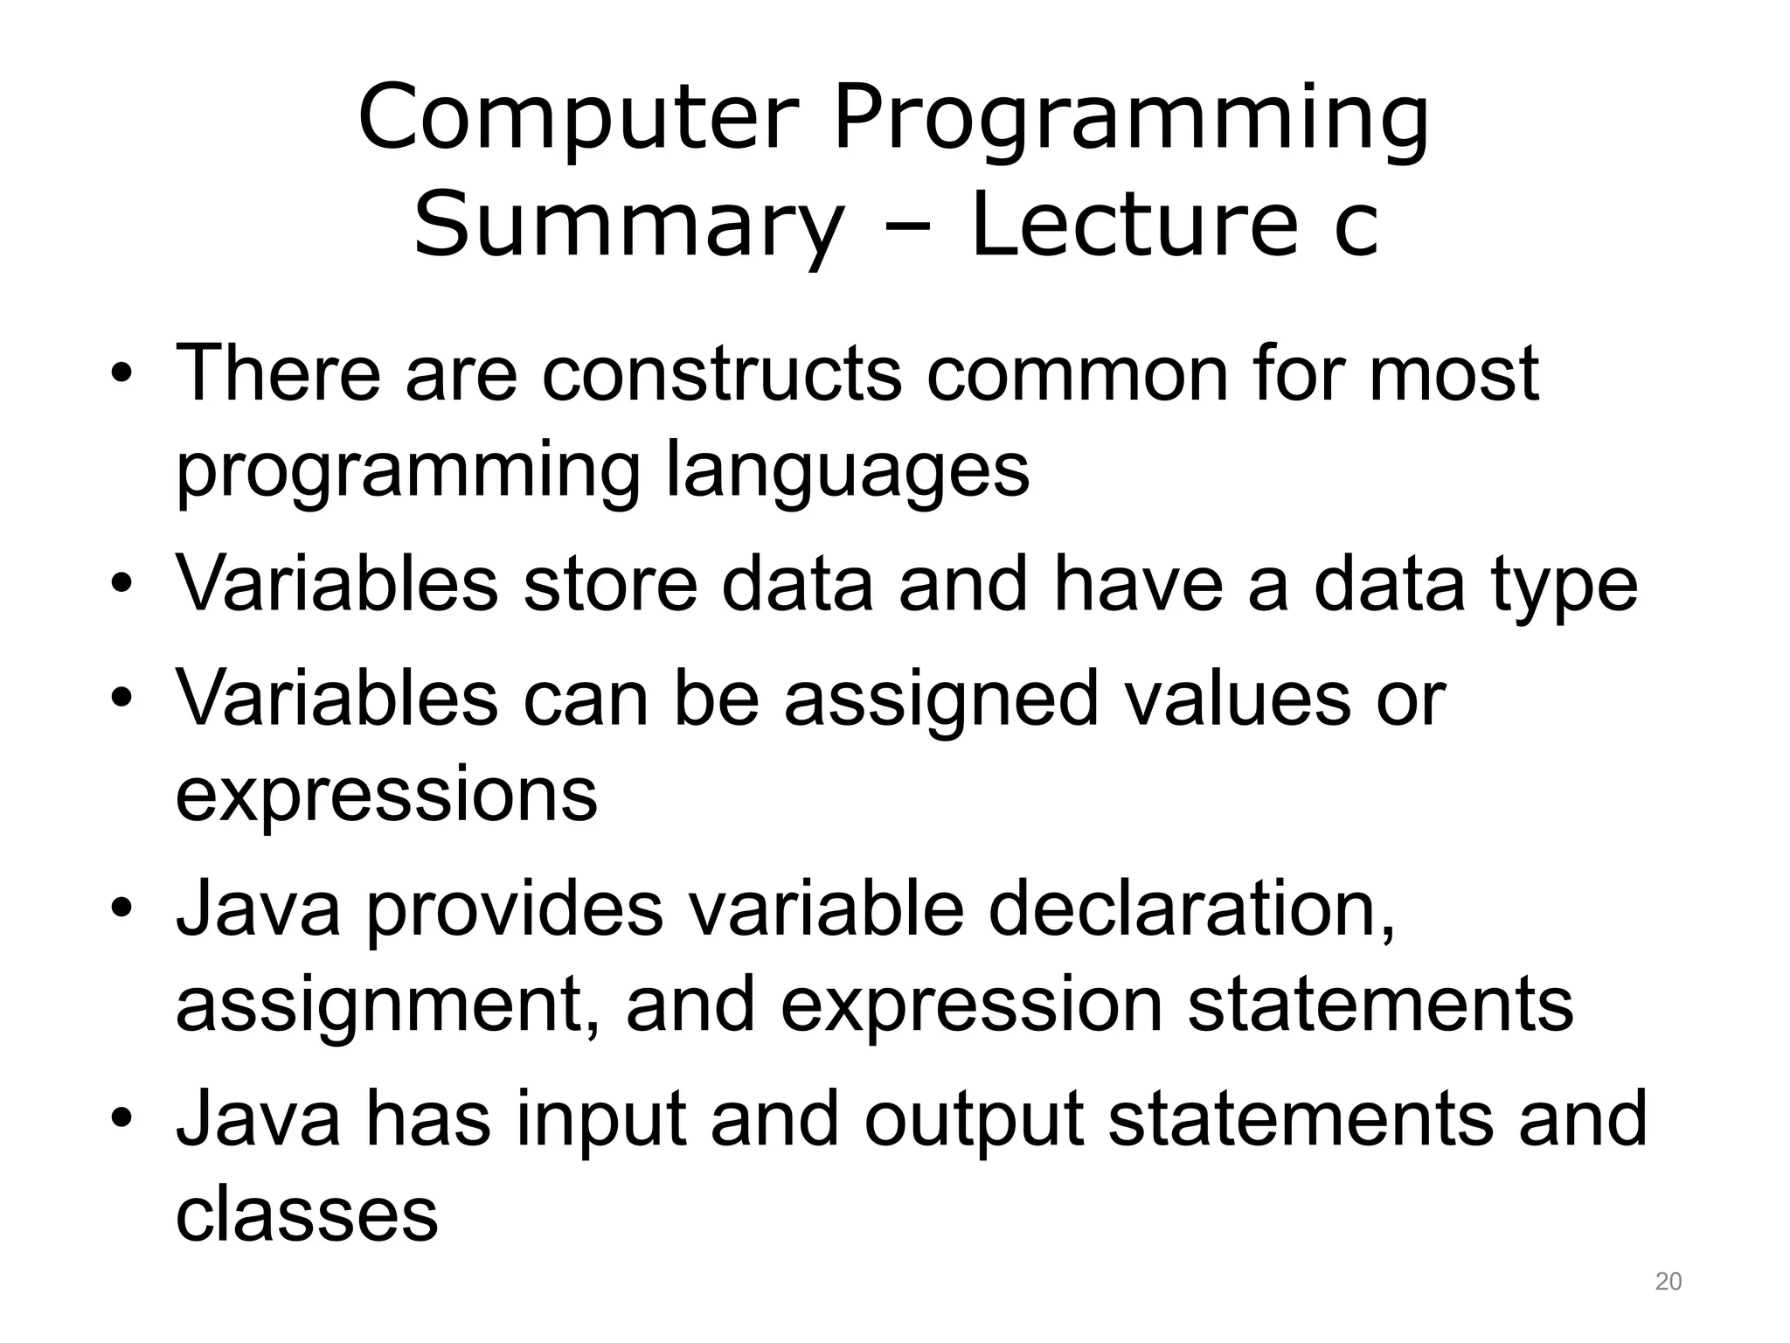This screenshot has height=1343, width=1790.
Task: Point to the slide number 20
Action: [1668, 1282]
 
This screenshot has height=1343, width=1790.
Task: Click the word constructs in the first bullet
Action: [721, 373]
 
